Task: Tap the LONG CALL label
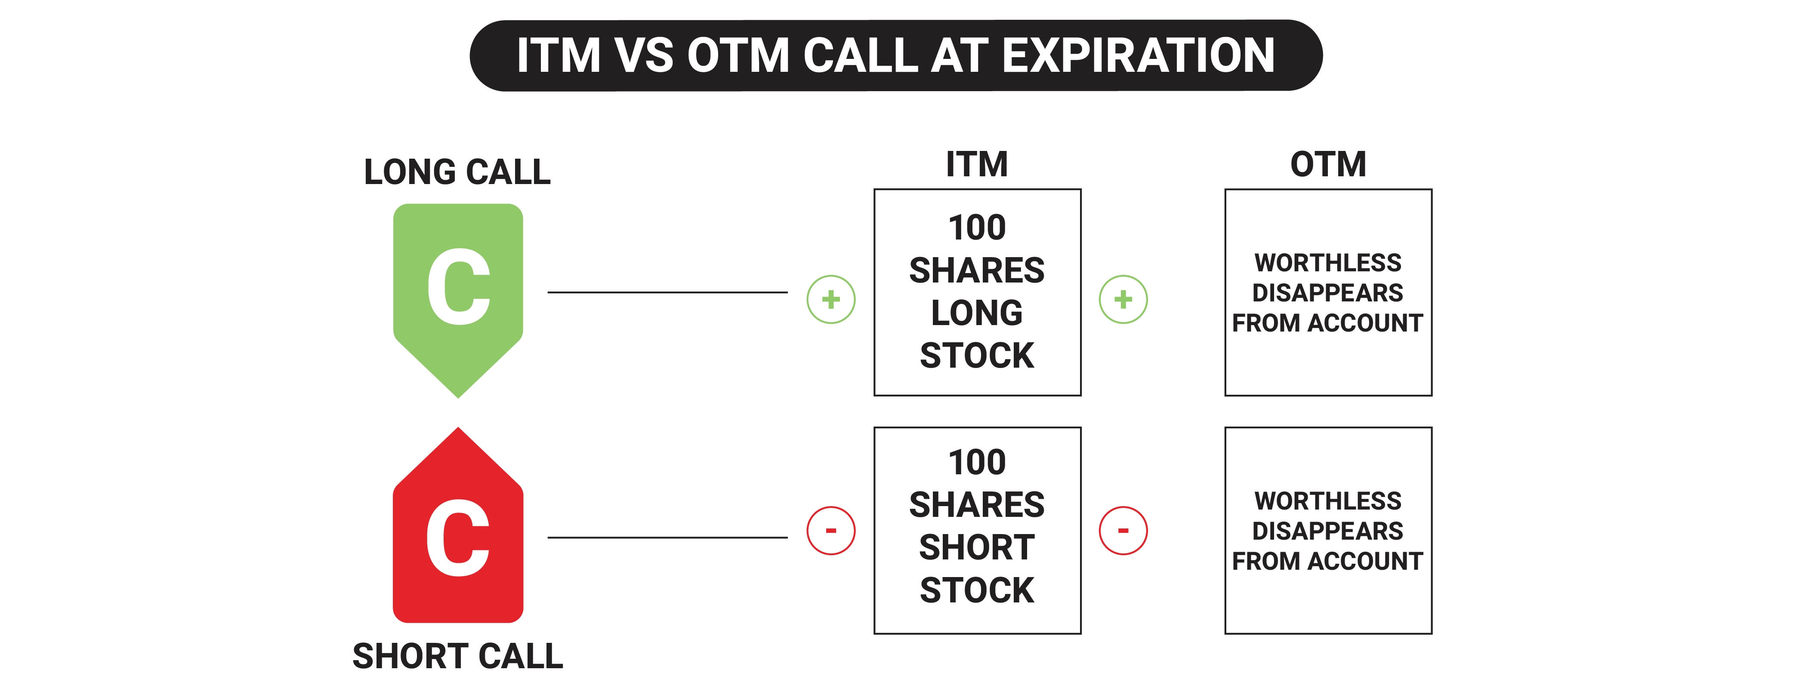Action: pyautogui.click(x=457, y=172)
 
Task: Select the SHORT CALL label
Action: pyautogui.click(x=457, y=656)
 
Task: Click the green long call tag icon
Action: pyautogui.click(x=458, y=301)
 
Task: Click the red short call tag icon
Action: pyautogui.click(x=458, y=525)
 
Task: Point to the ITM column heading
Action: pyautogui.click(x=977, y=164)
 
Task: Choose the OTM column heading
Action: pyautogui.click(x=1328, y=164)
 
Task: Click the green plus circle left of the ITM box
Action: pyautogui.click(x=831, y=299)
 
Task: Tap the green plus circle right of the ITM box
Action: pyautogui.click(x=1123, y=299)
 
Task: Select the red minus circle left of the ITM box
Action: pyautogui.click(x=831, y=531)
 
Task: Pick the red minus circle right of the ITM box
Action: pyautogui.click(x=1123, y=531)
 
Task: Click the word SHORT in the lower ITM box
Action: pyautogui.click(x=977, y=547)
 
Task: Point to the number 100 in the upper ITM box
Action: pyautogui.click(x=977, y=227)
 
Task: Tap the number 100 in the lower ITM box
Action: pyautogui.click(x=977, y=462)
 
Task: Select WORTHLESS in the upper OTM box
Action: pyautogui.click(x=1328, y=263)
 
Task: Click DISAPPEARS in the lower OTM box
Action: pyautogui.click(x=1328, y=531)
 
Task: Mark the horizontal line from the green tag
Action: pyautogui.click(x=667, y=292)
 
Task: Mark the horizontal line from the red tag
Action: pyautogui.click(x=667, y=537)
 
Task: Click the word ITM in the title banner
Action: pyautogui.click(x=558, y=55)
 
